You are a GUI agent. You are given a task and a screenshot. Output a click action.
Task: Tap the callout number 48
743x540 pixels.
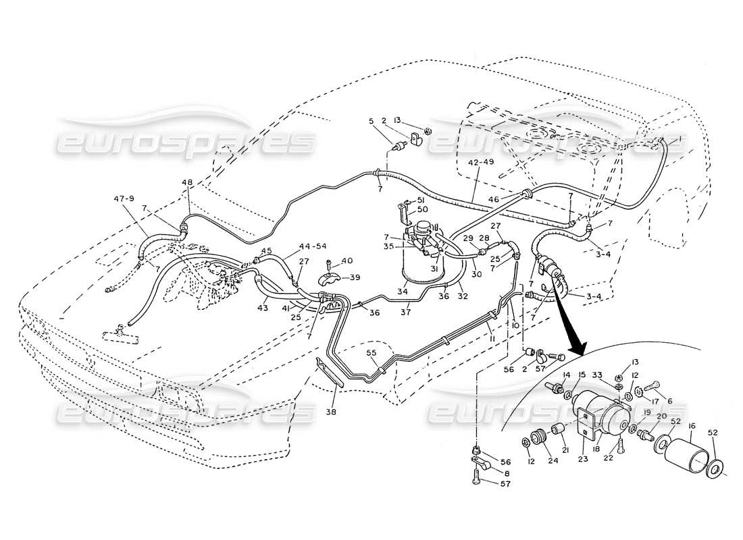[x=187, y=183]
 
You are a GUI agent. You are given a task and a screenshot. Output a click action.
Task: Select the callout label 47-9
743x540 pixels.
[x=124, y=198]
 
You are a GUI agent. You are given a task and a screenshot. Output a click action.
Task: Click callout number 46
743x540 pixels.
[x=494, y=200]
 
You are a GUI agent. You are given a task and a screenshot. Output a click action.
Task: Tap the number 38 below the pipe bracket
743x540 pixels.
[x=330, y=410]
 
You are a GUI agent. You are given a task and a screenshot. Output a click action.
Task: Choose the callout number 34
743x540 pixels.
[x=401, y=292]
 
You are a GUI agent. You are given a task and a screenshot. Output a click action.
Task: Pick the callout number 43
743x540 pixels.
[x=262, y=307]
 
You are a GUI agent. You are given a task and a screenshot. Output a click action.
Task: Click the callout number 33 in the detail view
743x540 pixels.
[x=597, y=375]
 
